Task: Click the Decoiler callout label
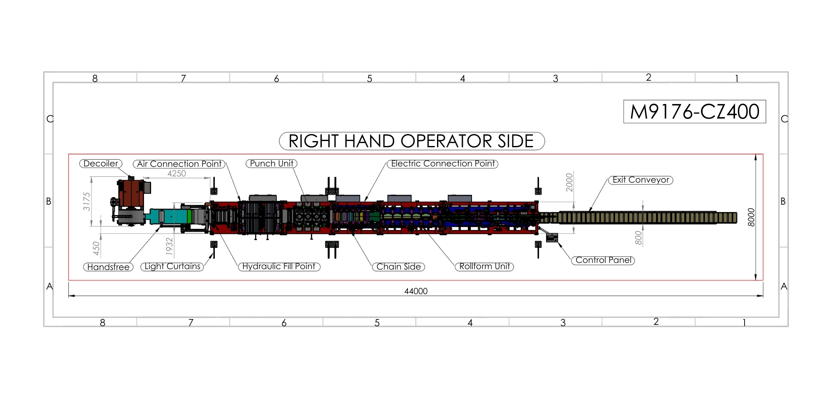(x=101, y=163)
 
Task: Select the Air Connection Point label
(x=179, y=164)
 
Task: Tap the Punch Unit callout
(x=271, y=163)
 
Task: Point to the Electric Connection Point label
(x=442, y=163)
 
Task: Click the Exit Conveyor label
(x=641, y=180)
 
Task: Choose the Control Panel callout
(x=603, y=260)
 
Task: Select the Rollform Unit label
(x=484, y=267)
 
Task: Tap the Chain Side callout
(x=398, y=267)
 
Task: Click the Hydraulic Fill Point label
(x=279, y=267)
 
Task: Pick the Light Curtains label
(x=172, y=267)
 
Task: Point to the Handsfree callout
(x=108, y=267)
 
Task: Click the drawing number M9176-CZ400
(x=694, y=111)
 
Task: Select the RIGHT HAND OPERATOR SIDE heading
(x=411, y=141)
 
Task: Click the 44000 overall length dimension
(x=416, y=291)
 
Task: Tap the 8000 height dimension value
(x=751, y=217)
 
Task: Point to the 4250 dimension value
(x=176, y=173)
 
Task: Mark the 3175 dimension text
(x=87, y=201)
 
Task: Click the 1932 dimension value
(x=169, y=245)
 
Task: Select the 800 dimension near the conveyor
(x=638, y=238)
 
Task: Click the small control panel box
(x=552, y=238)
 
